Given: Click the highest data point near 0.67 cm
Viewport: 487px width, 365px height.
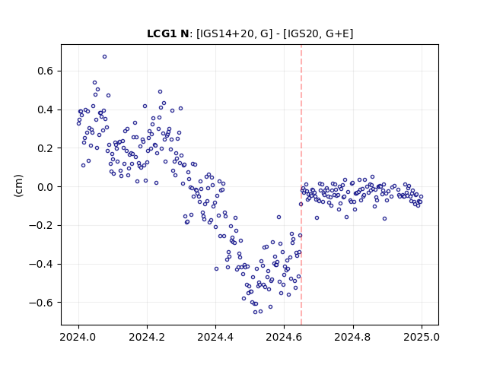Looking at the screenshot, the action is point(105,57).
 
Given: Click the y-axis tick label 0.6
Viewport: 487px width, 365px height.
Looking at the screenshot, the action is point(45,71).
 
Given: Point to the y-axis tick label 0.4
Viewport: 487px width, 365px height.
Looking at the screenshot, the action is point(45,109).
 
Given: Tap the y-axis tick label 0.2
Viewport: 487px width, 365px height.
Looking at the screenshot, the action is point(45,148).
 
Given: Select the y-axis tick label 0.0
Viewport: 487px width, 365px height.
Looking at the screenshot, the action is point(45,187).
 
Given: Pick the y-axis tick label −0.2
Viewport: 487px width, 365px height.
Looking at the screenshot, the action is point(41,226).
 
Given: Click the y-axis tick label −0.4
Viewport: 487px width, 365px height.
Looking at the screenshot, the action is point(41,264).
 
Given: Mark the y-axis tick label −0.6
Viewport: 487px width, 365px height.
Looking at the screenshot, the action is point(41,303).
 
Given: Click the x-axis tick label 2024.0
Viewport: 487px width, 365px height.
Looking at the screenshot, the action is point(78,337).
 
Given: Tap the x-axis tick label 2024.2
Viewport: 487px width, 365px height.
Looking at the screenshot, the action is point(147,337).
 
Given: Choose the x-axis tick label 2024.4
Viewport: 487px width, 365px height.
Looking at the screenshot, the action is point(215,337).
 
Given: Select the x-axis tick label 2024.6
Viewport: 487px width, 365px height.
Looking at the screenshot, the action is point(284,337).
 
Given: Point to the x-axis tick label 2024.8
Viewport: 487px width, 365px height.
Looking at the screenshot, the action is point(353,337).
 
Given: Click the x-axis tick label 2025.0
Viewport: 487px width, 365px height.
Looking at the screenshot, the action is point(422,337).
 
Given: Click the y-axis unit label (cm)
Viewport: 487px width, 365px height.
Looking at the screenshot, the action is point(18,186).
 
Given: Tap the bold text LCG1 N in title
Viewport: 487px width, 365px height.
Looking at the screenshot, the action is point(167,33).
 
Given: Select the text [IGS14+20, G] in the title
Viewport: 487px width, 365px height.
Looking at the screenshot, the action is point(234,33).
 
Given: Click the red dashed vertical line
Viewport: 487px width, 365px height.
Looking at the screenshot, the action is point(301,185).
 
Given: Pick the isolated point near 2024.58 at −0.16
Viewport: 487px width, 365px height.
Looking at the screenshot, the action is point(279,217).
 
